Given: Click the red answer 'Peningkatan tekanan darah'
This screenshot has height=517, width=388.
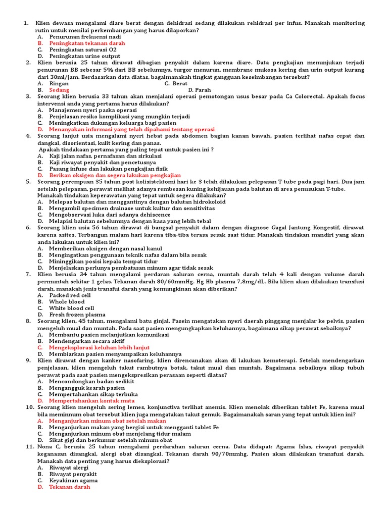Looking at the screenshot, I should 87,43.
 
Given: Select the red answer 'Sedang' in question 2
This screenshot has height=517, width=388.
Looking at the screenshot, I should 59,89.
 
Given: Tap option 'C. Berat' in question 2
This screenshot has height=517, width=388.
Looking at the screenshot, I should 176,83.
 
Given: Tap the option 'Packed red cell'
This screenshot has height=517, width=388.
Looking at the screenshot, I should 70,295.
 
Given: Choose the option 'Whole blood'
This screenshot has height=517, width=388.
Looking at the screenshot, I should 67,301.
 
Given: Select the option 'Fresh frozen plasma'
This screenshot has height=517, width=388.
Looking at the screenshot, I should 77,315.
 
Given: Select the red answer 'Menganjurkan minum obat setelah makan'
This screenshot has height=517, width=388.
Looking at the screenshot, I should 108,420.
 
